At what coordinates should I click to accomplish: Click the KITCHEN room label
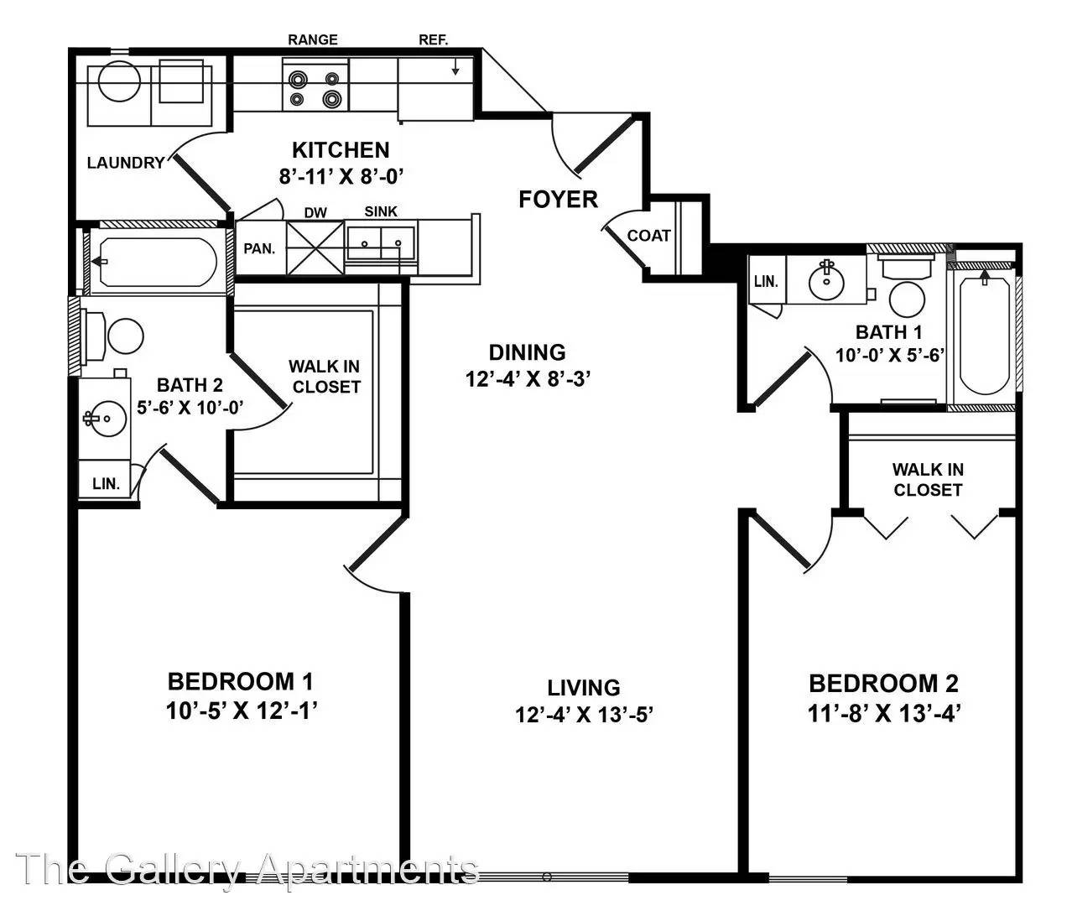pyautogui.click(x=341, y=150)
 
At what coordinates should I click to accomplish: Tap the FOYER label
pyautogui.click(x=558, y=200)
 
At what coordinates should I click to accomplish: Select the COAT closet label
pyautogui.click(x=649, y=236)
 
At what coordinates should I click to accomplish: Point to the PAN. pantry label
pyautogui.click(x=259, y=249)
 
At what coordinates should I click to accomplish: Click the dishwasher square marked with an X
pyautogui.click(x=315, y=247)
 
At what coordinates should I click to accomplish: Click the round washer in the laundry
pyautogui.click(x=119, y=81)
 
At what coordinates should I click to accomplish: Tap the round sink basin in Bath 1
pyautogui.click(x=826, y=282)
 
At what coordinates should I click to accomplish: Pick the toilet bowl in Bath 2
pyautogui.click(x=126, y=336)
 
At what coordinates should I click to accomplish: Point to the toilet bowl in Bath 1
pyautogui.click(x=907, y=299)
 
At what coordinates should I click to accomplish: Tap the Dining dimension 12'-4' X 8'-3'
pyautogui.click(x=528, y=379)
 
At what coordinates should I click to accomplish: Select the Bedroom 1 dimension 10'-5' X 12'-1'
pyautogui.click(x=242, y=711)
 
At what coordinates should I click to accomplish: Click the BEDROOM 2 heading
pyautogui.click(x=883, y=684)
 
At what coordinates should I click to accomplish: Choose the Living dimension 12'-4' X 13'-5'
pyautogui.click(x=584, y=715)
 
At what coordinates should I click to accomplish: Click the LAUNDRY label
pyautogui.click(x=126, y=163)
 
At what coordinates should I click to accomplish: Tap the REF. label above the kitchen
pyautogui.click(x=434, y=40)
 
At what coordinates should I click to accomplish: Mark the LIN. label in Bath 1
pyautogui.click(x=766, y=282)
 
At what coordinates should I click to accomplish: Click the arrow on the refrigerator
pyautogui.click(x=455, y=67)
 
